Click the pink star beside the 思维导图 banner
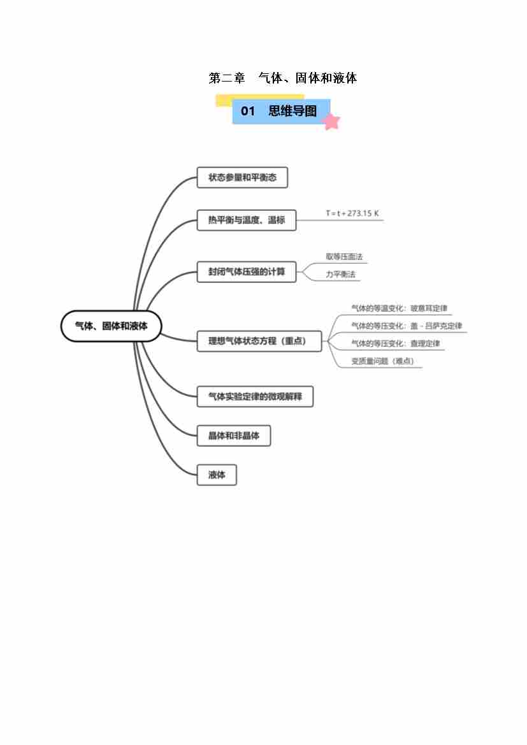click(331, 121)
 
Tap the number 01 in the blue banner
click(248, 111)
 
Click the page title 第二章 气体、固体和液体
click(282, 78)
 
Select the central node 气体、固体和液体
click(112, 326)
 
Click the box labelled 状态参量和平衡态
click(242, 177)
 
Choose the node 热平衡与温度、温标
click(247, 221)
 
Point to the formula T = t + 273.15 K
click(352, 213)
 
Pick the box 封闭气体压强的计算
click(247, 271)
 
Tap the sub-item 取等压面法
click(344, 257)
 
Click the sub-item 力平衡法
click(340, 275)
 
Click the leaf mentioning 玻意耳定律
click(399, 308)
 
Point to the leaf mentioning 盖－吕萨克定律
click(406, 326)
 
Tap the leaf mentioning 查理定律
click(396, 344)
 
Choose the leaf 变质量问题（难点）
click(382, 361)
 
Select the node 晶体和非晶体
click(234, 436)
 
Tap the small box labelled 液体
click(217, 475)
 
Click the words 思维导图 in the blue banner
click(292, 111)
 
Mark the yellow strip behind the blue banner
click(223, 100)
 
